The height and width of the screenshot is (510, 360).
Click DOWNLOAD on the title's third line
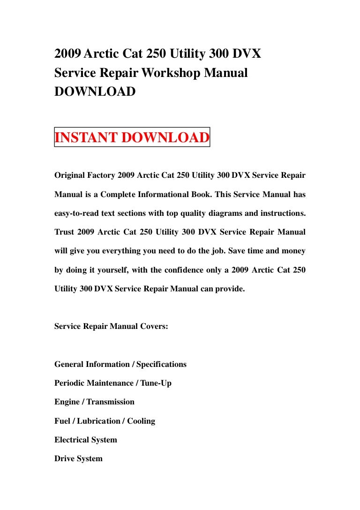click(95, 91)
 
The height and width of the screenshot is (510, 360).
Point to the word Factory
click(105, 175)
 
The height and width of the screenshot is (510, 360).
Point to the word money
click(293, 251)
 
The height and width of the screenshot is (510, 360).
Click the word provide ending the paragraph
click(230, 289)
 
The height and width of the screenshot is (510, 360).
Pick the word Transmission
click(111, 402)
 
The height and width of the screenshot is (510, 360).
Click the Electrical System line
click(86, 440)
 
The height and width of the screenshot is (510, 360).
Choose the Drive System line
click(78, 458)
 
